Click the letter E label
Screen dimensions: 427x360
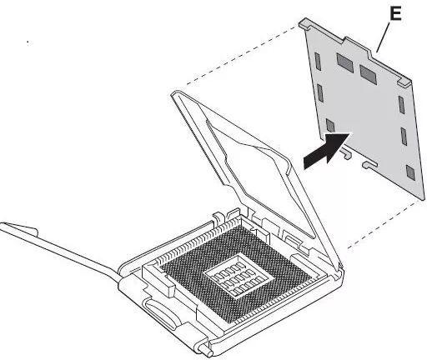(395, 13)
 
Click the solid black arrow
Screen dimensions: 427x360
(327, 150)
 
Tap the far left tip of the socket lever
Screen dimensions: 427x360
(2, 226)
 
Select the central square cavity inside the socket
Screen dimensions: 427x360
(237, 275)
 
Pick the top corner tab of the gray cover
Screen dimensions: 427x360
(305, 23)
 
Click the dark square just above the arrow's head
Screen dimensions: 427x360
(330, 126)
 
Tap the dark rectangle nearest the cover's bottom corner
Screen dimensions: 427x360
(410, 172)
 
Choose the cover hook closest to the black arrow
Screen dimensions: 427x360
(345, 152)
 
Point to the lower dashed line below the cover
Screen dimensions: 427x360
(386, 224)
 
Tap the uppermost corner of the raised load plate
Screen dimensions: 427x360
(175, 93)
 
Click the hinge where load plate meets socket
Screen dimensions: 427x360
(339, 267)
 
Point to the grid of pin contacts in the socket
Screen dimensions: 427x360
(236, 275)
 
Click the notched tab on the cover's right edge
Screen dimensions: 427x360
(404, 81)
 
